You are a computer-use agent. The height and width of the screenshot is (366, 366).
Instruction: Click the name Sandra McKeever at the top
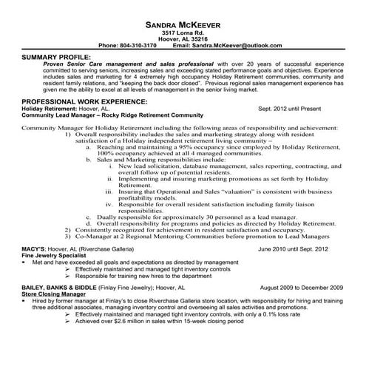coord(183,23)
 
